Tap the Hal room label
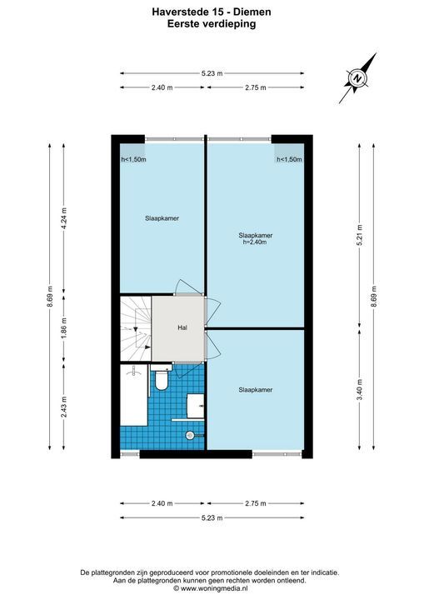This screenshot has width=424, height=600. pyautogui.click(x=182, y=327)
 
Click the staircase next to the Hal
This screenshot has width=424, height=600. pyautogui.click(x=134, y=329)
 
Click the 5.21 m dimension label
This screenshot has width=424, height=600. pyautogui.click(x=359, y=236)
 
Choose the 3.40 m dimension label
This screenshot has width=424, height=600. pyautogui.click(x=359, y=392)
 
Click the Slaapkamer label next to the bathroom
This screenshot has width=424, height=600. pyautogui.click(x=255, y=389)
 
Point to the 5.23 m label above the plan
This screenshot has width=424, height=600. pyautogui.click(x=212, y=73)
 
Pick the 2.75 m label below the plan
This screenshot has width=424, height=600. pyautogui.click(x=256, y=503)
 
